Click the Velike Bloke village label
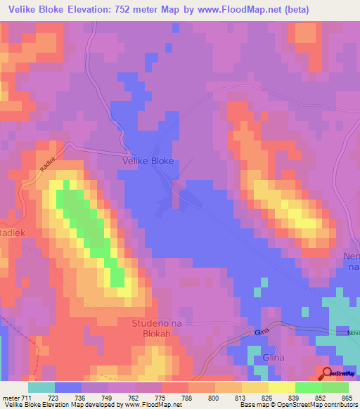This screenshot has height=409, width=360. click(148, 161)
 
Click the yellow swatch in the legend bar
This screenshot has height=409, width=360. click(281, 387)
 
